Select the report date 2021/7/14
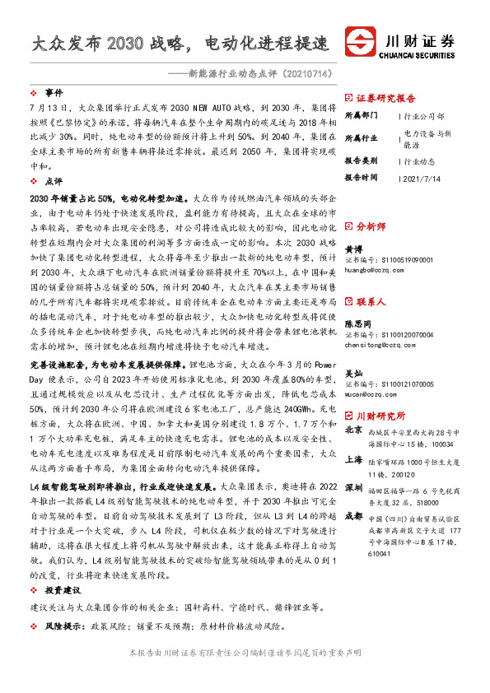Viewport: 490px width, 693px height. pyautogui.click(x=425, y=177)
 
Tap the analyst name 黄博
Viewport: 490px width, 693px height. pyautogui.click(x=352, y=248)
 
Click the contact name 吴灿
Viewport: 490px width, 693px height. pyautogui.click(x=352, y=374)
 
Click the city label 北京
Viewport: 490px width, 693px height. pyautogui.click(x=353, y=430)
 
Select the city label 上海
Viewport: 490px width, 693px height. pyautogui.click(x=353, y=461)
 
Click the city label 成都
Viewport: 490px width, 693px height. pyautogui.click(x=353, y=516)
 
